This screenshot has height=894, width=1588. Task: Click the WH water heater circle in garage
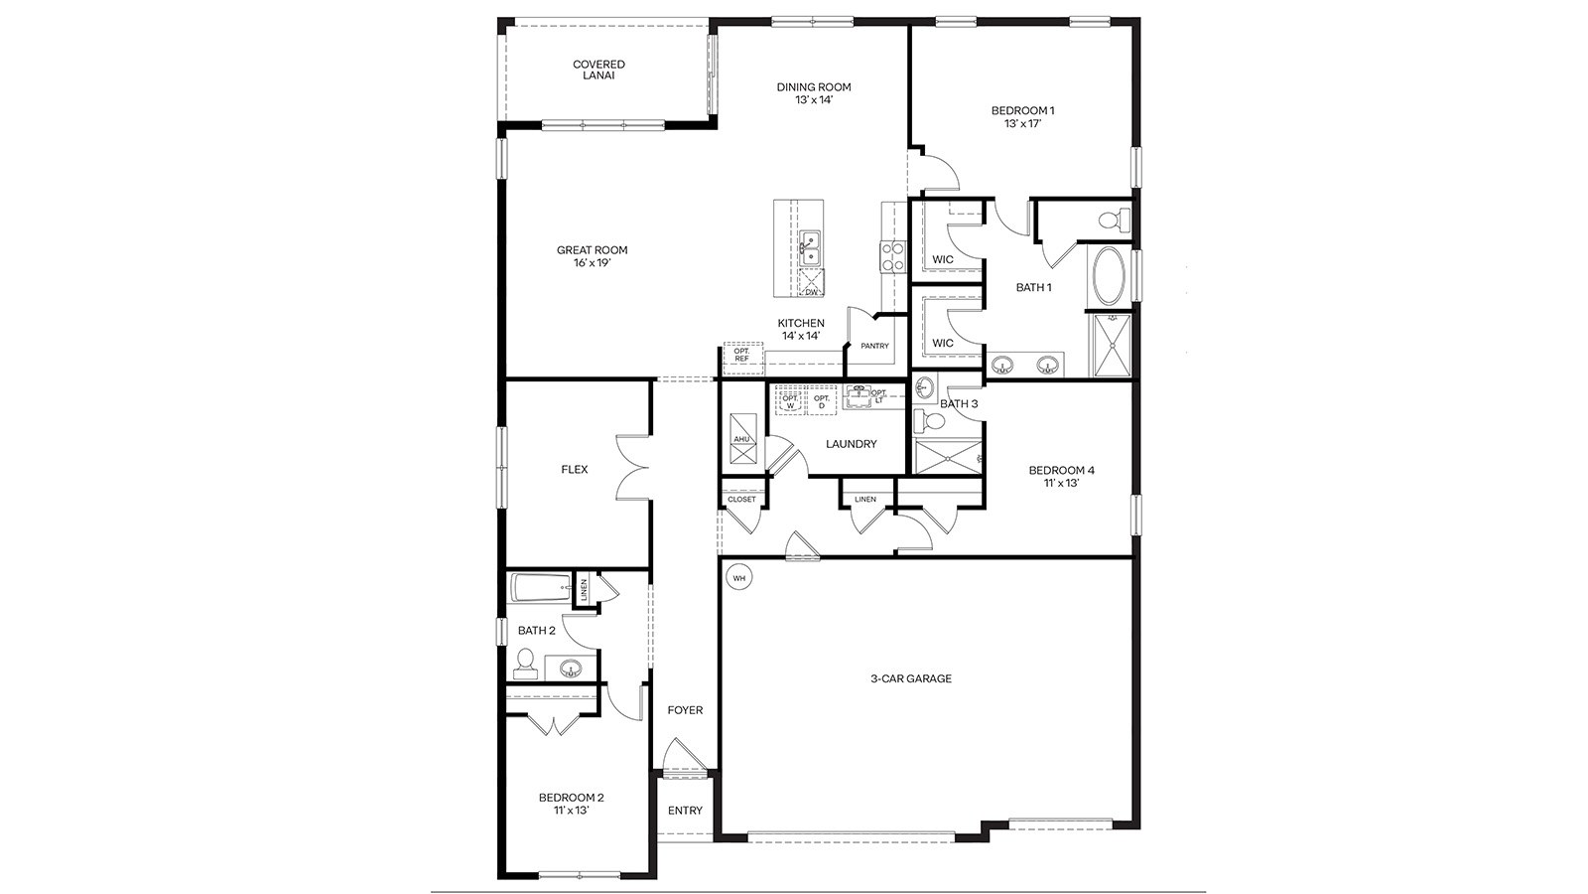point(738,577)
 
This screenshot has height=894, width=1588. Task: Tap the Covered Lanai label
point(598,70)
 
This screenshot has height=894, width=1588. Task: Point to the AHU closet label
point(741,439)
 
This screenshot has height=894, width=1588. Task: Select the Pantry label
point(874,346)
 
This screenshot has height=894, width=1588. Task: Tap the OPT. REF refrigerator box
point(742,355)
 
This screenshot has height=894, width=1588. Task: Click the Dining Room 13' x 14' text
point(813,93)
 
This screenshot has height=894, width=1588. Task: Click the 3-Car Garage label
point(910,678)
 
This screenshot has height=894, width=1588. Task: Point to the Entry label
point(685,811)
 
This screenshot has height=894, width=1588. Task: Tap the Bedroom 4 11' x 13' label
point(1061,477)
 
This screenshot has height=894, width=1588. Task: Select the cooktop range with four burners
point(891,256)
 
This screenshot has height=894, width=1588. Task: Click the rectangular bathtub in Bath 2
point(540,588)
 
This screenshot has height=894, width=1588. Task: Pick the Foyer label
point(685,710)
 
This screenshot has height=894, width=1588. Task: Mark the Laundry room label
point(851,444)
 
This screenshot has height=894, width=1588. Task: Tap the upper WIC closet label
point(942,259)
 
